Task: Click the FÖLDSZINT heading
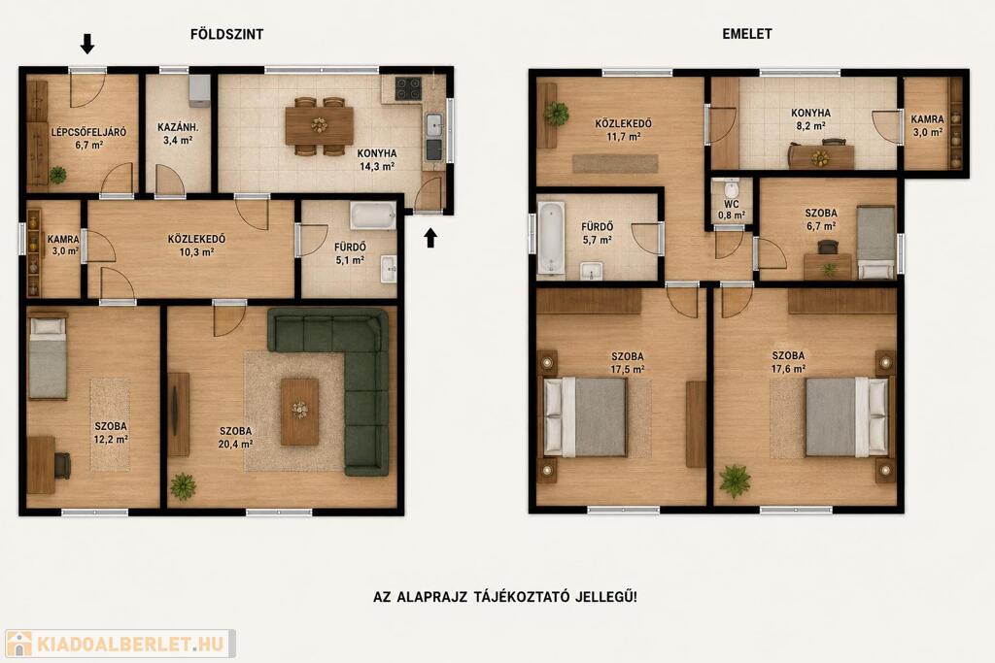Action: coord(226,34)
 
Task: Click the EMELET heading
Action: coord(747,34)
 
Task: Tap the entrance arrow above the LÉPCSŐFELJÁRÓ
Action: coord(87,44)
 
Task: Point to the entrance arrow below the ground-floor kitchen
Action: coord(430,238)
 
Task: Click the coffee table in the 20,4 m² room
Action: coord(299,412)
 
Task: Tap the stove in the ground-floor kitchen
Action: coord(408,88)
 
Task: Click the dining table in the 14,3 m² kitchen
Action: coord(319,125)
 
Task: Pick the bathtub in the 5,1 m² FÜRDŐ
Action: coord(373,216)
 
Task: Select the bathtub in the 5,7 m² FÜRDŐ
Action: coord(551,238)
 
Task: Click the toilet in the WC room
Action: coord(731,189)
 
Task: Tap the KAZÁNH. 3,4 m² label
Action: coord(179,134)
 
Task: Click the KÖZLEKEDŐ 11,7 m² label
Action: coord(623,130)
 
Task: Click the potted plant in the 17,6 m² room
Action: coord(735,481)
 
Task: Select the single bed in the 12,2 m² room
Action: coord(48,358)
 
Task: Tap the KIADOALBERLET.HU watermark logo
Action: coord(120,644)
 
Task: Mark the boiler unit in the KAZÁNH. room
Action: coord(199,90)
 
